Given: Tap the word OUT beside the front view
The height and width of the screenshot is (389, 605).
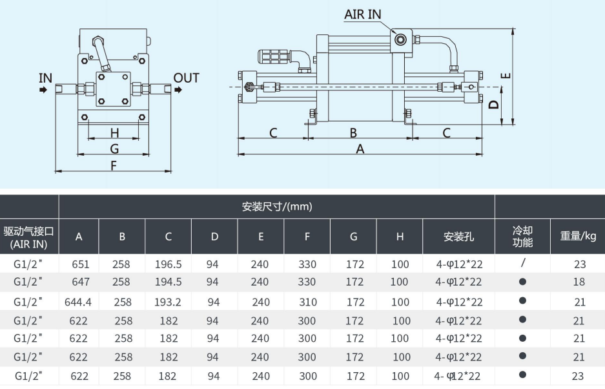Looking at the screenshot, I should [187, 78].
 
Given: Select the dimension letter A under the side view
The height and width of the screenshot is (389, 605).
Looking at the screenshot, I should [360, 149].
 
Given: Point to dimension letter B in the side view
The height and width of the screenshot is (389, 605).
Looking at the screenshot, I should [354, 133].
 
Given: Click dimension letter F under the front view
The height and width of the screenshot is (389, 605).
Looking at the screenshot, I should [114, 165].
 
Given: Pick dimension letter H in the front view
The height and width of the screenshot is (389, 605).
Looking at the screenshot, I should [114, 133].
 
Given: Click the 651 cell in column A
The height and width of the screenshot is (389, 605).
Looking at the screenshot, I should [79, 264].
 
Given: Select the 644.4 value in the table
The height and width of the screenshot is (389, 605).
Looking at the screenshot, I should [79, 301].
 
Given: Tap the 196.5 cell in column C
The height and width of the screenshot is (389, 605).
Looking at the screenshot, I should [168, 264].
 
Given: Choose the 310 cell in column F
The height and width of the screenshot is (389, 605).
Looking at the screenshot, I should [307, 301].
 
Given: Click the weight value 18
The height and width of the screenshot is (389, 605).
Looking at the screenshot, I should [578, 282].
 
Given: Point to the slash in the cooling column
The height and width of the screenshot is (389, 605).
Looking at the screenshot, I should [522, 263].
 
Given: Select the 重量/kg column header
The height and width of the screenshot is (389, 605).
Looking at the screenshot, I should [578, 236].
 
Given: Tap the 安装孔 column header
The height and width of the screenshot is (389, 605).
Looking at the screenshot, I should [458, 237].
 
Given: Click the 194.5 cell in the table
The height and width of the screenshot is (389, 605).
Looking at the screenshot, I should [168, 282].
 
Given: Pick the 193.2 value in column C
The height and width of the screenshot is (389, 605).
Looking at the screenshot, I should [168, 301].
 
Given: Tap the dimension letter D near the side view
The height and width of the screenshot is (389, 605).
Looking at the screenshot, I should [493, 105].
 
